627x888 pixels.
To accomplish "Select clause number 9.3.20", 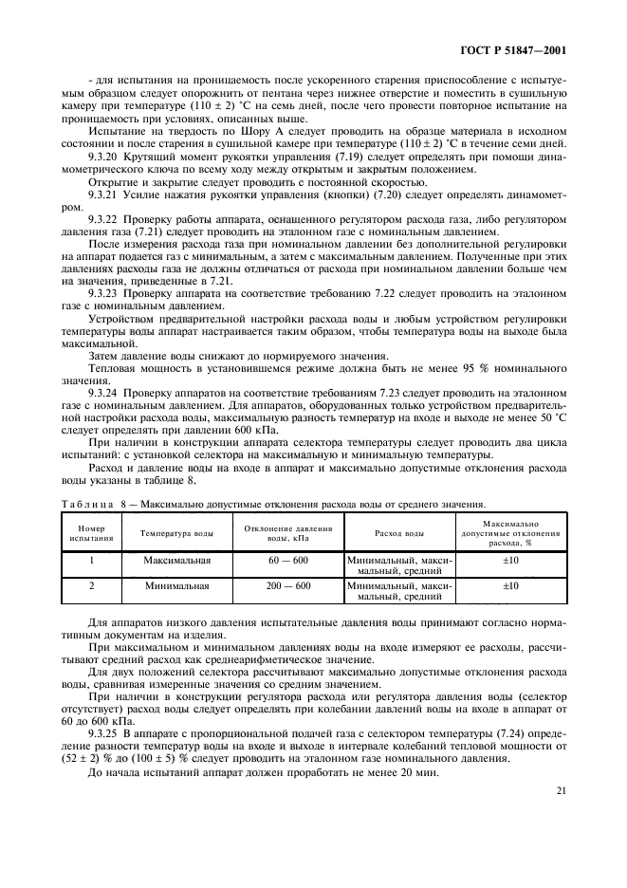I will (x=101, y=157).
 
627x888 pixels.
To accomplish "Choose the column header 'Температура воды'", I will (x=177, y=535).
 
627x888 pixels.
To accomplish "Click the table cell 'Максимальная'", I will (x=177, y=561).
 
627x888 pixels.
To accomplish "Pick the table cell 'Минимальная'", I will (x=177, y=586).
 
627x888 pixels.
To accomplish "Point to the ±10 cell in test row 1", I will (x=510, y=561).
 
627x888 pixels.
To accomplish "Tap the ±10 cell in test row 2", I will (x=510, y=586).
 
